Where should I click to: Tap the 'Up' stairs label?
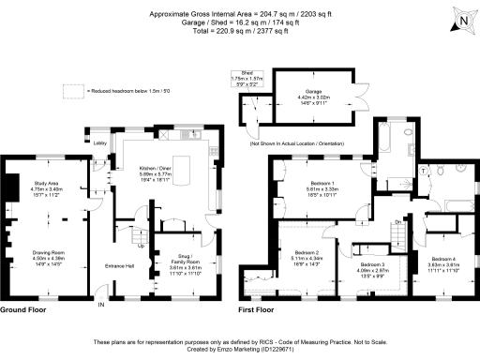pyautogui.click(x=142, y=248)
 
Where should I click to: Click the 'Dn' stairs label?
pyautogui.click(x=397, y=221)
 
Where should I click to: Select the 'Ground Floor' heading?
pyautogui.click(x=25, y=309)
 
